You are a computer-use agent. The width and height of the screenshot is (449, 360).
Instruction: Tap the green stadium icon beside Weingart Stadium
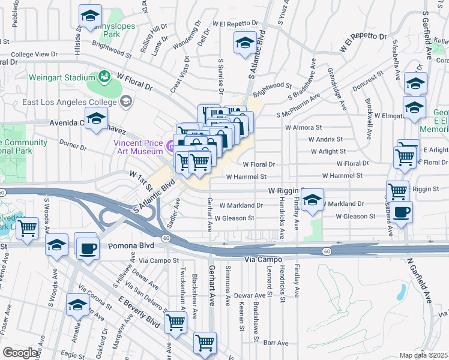pos(104,77)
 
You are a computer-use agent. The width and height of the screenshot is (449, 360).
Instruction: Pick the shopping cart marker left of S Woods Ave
pos(28,229)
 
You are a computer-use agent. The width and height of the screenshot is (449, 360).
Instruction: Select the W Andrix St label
pos(325,139)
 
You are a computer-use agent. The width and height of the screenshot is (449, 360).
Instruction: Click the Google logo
pos(20,352)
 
